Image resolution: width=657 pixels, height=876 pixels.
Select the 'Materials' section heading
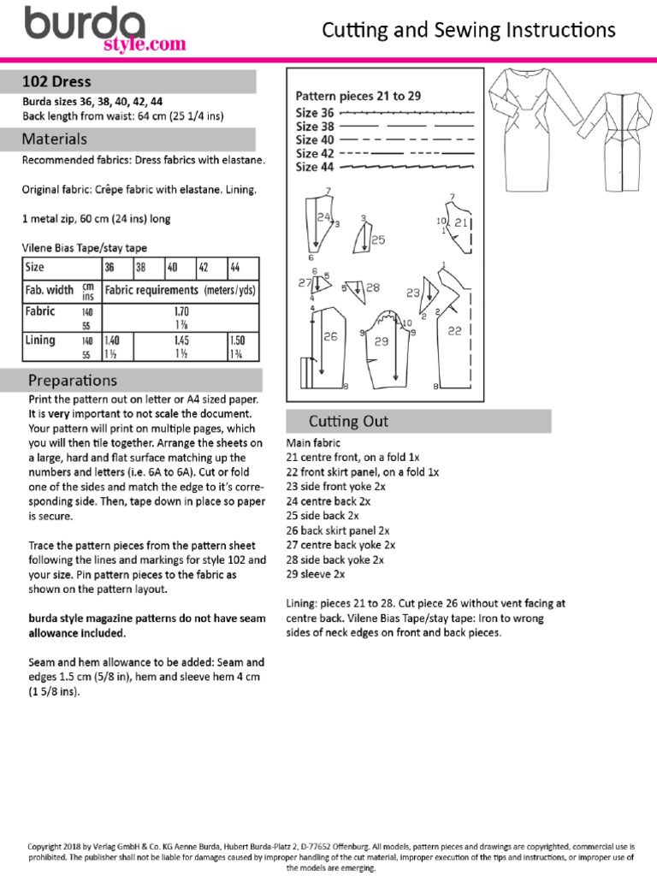[x=55, y=139]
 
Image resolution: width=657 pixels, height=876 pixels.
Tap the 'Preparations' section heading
[x=73, y=380]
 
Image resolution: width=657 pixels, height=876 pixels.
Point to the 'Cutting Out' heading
[x=348, y=421]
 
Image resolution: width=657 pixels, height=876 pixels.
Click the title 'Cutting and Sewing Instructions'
[x=468, y=31]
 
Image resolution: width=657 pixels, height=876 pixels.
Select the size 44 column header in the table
[x=235, y=267]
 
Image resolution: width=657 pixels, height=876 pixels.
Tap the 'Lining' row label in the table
[x=40, y=340]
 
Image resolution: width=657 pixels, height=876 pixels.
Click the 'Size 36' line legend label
[x=315, y=113]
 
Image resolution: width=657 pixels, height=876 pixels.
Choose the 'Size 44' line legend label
[x=315, y=167]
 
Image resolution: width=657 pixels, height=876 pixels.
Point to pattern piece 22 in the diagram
[x=454, y=329]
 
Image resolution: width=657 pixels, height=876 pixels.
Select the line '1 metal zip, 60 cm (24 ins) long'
[x=96, y=218]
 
